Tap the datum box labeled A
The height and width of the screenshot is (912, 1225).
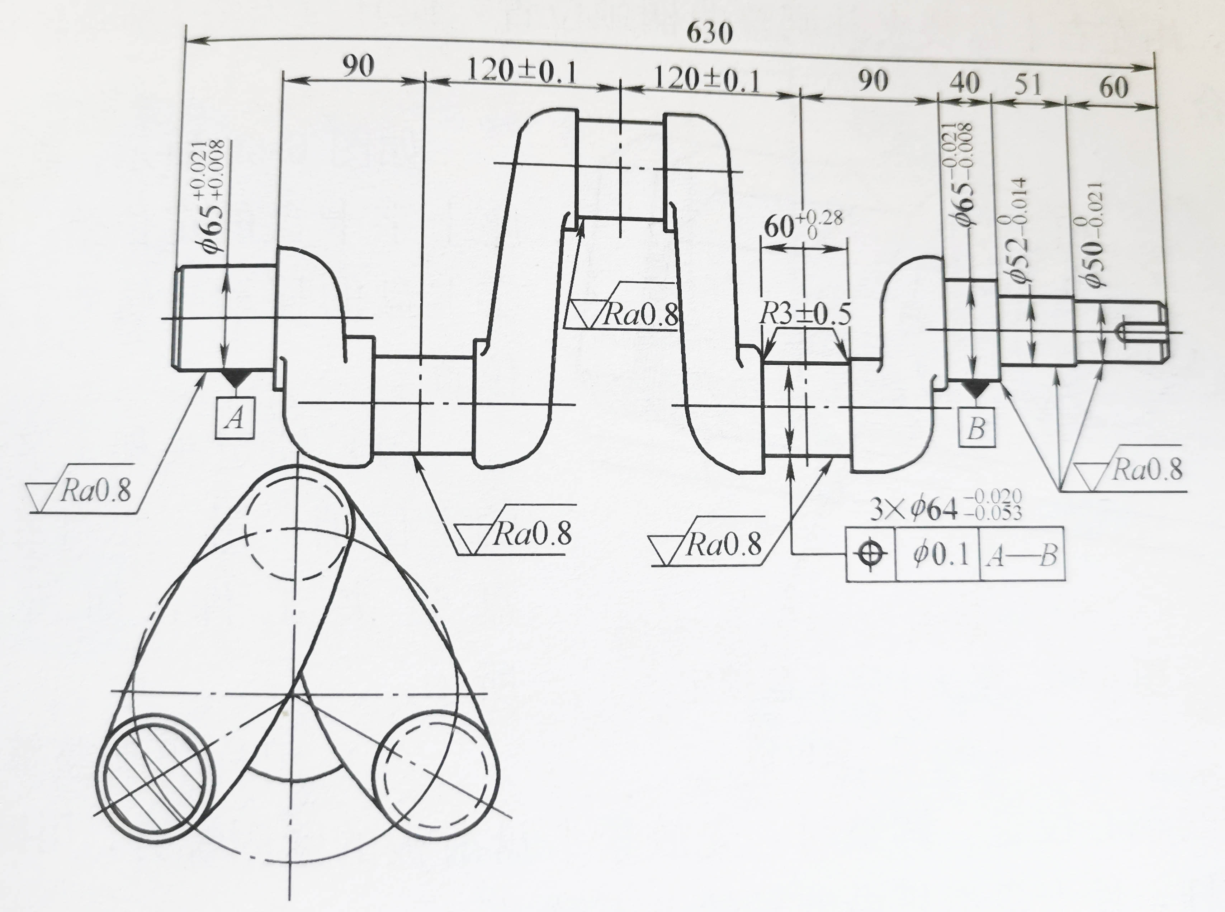(x=235, y=418)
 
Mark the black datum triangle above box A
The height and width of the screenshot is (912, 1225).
(x=235, y=378)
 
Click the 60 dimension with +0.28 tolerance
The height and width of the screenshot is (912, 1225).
(x=803, y=225)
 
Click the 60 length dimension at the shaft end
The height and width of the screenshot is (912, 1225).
(x=1113, y=87)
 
